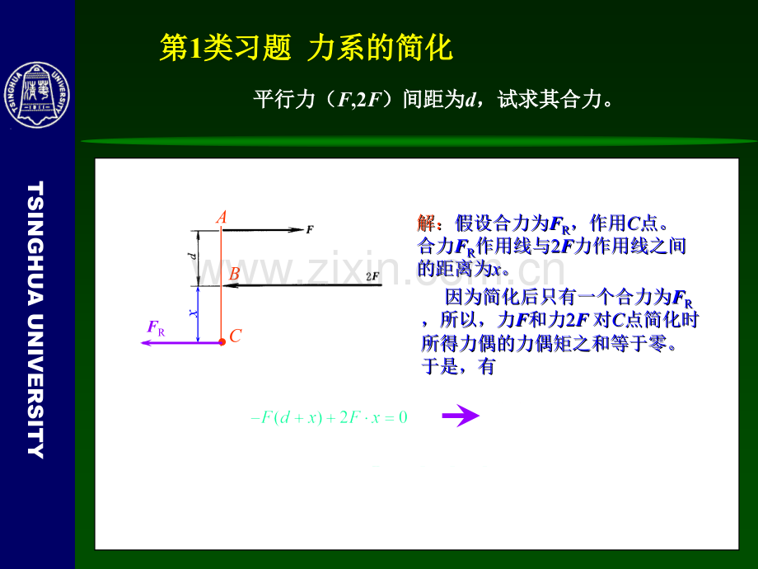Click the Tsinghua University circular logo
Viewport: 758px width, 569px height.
(x=37, y=96)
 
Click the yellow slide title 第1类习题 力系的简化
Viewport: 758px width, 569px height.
(x=306, y=49)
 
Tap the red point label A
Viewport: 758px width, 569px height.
(x=221, y=218)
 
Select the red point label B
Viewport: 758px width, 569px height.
(x=234, y=274)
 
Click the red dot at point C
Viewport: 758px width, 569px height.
(x=222, y=341)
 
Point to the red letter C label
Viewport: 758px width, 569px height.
(x=236, y=336)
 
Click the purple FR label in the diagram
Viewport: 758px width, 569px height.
(x=156, y=328)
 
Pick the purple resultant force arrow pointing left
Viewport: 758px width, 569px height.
(x=180, y=342)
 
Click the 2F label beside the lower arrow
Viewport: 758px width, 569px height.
(x=372, y=277)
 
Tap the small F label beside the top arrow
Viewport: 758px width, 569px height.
(x=310, y=230)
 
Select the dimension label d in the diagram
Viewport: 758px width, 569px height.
(x=193, y=257)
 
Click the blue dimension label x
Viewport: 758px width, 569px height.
(x=193, y=313)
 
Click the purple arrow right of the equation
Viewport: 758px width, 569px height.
(x=460, y=416)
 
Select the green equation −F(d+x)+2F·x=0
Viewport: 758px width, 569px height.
(x=329, y=417)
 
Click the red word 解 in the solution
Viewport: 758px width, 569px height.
(x=426, y=223)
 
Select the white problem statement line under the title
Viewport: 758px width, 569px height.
(x=433, y=101)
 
